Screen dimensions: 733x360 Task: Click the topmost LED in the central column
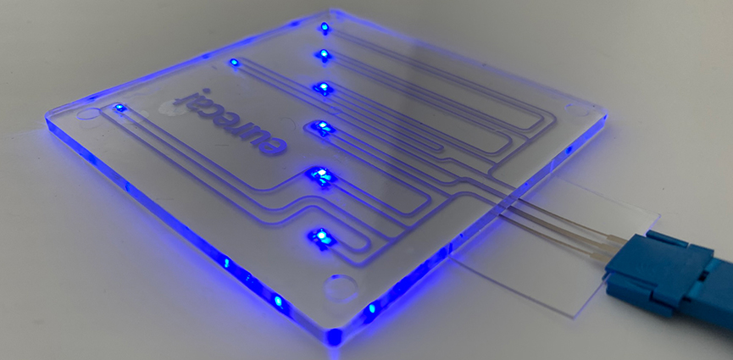click(324, 28)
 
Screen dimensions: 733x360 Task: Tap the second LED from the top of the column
click(323, 55)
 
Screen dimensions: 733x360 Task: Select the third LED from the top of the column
click(323, 88)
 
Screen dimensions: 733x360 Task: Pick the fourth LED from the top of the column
click(322, 127)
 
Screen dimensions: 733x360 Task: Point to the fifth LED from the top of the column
click(322, 176)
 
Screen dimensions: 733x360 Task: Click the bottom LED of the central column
click(323, 236)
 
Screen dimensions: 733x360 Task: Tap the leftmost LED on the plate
click(119, 108)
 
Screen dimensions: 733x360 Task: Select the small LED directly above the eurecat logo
click(234, 62)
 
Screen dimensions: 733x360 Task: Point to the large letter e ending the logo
click(272, 142)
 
